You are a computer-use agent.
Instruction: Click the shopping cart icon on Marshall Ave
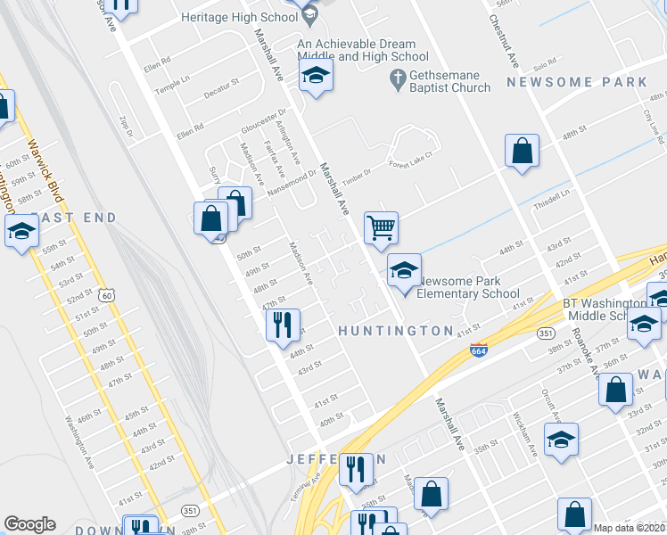pyautogui.click(x=381, y=228)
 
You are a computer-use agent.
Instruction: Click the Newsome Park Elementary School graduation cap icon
pyautogui.click(x=404, y=270)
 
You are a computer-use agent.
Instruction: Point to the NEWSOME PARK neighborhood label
pyautogui.click(x=576, y=82)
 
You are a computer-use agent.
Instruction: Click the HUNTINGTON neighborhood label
pyautogui.click(x=395, y=331)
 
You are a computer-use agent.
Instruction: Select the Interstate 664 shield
pyautogui.click(x=479, y=352)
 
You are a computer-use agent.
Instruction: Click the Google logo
pyautogui.click(x=29, y=524)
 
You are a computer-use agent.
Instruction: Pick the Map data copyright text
pyautogui.click(x=630, y=528)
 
